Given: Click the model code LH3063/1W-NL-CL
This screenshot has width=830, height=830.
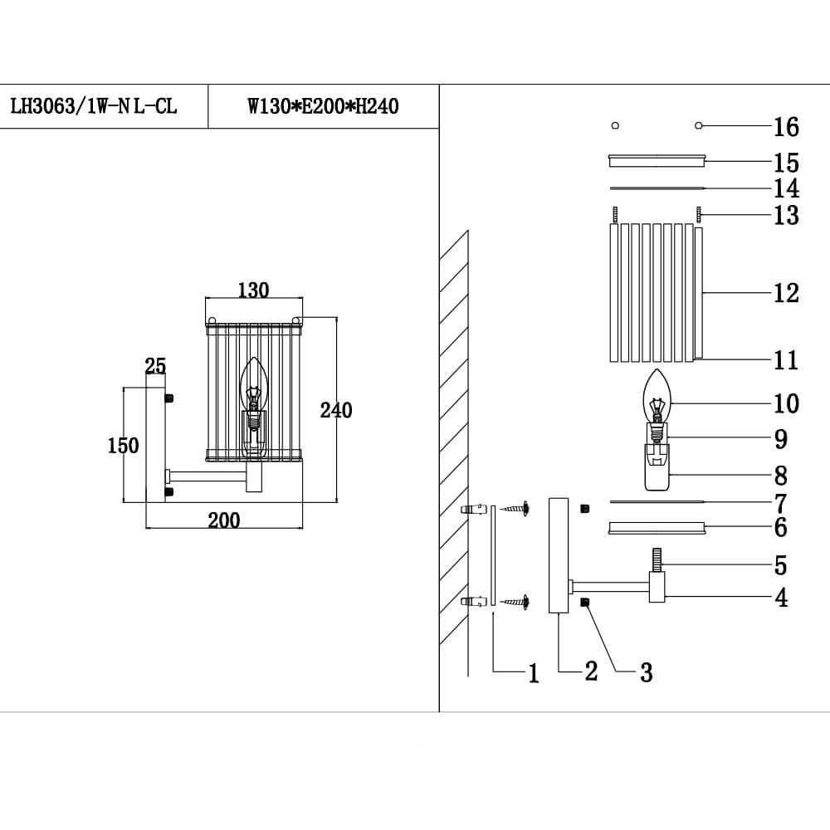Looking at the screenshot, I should click(x=93, y=107).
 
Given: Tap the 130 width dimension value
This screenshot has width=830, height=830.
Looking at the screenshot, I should click(x=253, y=290).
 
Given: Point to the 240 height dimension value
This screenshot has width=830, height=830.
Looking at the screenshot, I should click(x=336, y=410).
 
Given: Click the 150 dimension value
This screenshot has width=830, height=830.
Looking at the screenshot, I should click(x=124, y=446).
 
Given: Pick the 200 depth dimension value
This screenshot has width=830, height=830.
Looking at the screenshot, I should click(x=223, y=520).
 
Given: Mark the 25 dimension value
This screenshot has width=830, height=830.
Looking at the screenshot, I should click(x=155, y=366).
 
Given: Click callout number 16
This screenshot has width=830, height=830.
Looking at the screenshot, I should click(x=785, y=127).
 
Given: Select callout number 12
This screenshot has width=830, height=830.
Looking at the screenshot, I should click(x=785, y=293).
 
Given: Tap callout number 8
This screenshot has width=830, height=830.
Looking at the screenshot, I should click(x=780, y=476).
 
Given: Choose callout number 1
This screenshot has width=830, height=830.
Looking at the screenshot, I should click(x=534, y=674).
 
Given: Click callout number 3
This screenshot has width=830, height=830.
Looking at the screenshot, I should click(x=646, y=673).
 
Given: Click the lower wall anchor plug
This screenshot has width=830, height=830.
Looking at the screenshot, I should click(x=472, y=602).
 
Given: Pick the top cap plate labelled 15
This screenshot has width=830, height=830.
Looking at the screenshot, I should click(x=657, y=159).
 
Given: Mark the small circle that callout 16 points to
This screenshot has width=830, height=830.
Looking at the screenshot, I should click(x=699, y=126).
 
